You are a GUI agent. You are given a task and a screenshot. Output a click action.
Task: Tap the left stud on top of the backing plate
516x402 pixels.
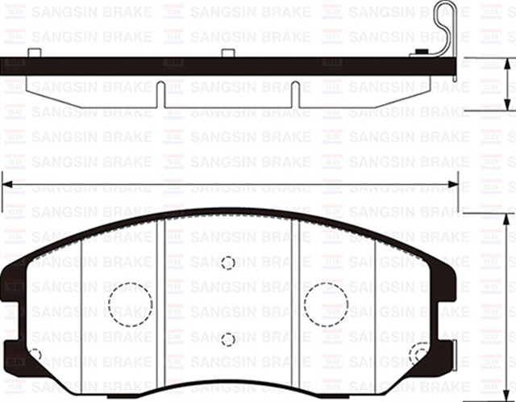34,53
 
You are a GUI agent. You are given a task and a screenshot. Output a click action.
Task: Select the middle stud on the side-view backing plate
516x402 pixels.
228,53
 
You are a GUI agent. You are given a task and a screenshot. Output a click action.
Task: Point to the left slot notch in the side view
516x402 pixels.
161,94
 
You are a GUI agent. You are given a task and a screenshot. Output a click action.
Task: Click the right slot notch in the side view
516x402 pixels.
295,94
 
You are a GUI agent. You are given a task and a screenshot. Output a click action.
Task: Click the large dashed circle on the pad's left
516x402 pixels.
130,304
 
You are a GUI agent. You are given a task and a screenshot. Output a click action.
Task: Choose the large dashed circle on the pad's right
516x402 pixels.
326,304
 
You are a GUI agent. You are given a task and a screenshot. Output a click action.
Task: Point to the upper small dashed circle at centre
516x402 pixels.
228,263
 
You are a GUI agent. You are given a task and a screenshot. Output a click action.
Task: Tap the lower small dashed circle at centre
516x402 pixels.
228,339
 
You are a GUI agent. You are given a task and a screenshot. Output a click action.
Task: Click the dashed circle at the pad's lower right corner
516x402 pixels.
419,354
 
